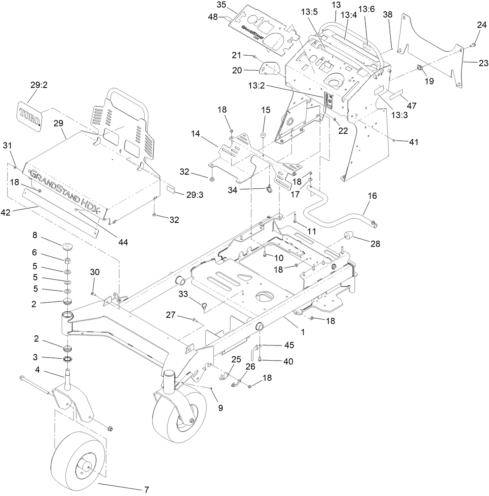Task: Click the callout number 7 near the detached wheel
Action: [x=147, y=490]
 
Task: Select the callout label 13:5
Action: [x=309, y=12]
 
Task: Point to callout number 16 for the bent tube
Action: [x=372, y=196]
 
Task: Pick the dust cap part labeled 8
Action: [x=68, y=246]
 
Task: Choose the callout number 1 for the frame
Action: [x=303, y=333]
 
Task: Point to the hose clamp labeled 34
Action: [x=268, y=189]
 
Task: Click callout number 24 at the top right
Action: [x=482, y=25]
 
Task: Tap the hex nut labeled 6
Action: [x=67, y=260]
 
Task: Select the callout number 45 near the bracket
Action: [x=288, y=345]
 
